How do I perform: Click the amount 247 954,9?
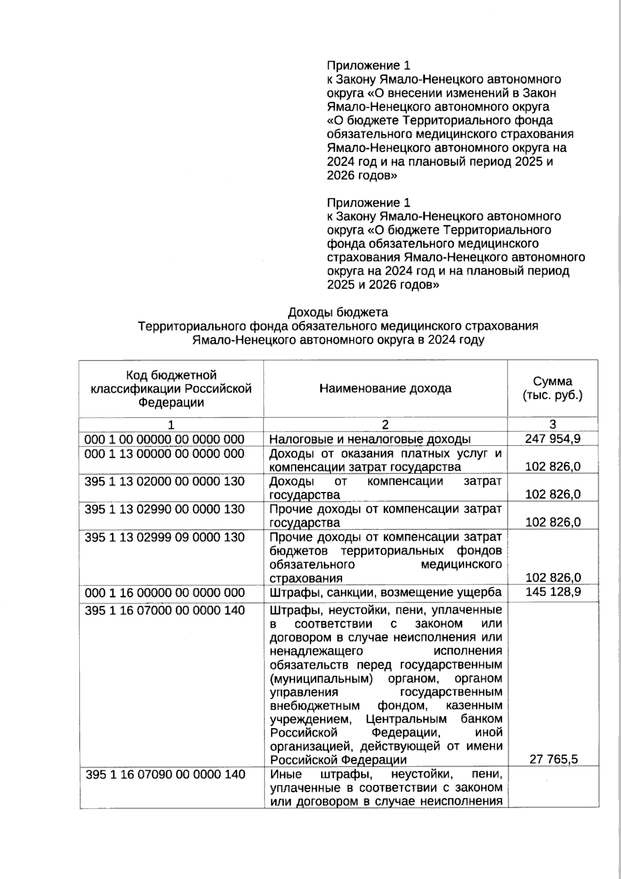553,439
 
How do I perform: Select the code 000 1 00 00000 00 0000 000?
165,439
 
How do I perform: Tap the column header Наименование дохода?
385,388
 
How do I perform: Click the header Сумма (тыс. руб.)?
553,388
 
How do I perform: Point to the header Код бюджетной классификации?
171,388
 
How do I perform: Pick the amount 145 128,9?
553,592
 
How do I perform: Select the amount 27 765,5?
553,759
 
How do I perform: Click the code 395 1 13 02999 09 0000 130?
165,537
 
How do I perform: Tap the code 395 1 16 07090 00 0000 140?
165,774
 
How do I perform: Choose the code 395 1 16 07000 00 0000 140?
165,610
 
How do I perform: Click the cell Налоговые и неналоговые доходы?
370,439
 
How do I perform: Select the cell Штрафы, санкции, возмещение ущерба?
386,592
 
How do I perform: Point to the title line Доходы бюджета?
337,312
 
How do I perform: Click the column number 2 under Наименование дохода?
385,425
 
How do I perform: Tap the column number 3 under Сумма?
553,425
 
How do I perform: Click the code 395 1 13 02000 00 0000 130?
165,481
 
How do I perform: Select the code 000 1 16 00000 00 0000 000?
165,592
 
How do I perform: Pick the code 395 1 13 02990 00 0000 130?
165,509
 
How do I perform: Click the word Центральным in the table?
406,719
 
